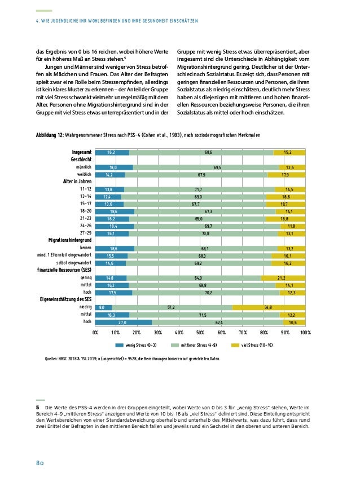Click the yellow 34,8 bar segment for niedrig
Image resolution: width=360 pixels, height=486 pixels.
pyautogui.click(x=269, y=307)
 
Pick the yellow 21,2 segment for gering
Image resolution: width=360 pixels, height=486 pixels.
pyautogui.click(x=283, y=277)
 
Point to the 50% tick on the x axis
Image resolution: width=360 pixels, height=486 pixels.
pyautogui.click(x=200, y=333)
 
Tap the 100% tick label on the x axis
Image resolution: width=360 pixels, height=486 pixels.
pyautogui.click(x=305, y=333)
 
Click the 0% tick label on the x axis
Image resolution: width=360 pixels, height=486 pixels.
pyautogui.click(x=95, y=333)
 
